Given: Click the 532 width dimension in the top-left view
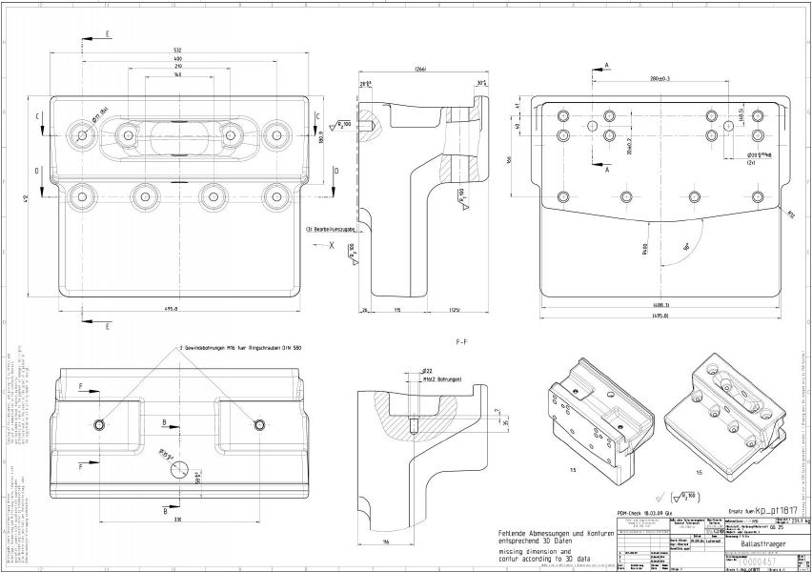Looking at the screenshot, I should tap(178, 51).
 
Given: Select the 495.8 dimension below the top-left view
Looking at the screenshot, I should tap(178, 309).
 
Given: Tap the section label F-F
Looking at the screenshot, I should tap(463, 339).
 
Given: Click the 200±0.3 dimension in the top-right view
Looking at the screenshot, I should tap(659, 78).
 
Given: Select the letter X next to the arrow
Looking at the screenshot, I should tap(332, 245).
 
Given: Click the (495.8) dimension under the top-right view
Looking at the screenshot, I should tap(659, 315).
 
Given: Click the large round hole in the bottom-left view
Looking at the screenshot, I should tap(180, 470).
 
